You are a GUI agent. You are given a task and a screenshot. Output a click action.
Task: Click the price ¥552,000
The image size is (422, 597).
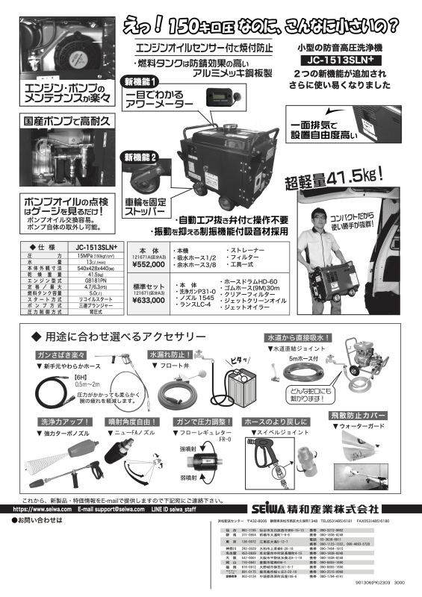(x=148, y=263)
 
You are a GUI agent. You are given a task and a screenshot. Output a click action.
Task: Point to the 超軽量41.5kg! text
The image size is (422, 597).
(x=333, y=179)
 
